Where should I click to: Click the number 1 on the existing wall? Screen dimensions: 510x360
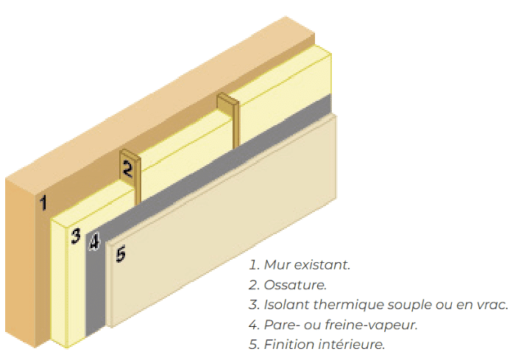tap(43, 202)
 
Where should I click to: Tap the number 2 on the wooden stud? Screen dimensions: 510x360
tap(127, 169)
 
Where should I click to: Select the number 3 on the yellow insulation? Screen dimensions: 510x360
tap(76, 236)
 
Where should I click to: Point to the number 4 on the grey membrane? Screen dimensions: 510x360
tap(95, 242)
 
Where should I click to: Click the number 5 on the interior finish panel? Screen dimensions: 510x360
tap(121, 254)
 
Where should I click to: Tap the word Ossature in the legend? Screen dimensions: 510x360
tap(295, 285)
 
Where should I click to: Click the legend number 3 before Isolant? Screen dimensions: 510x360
tap(254, 305)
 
